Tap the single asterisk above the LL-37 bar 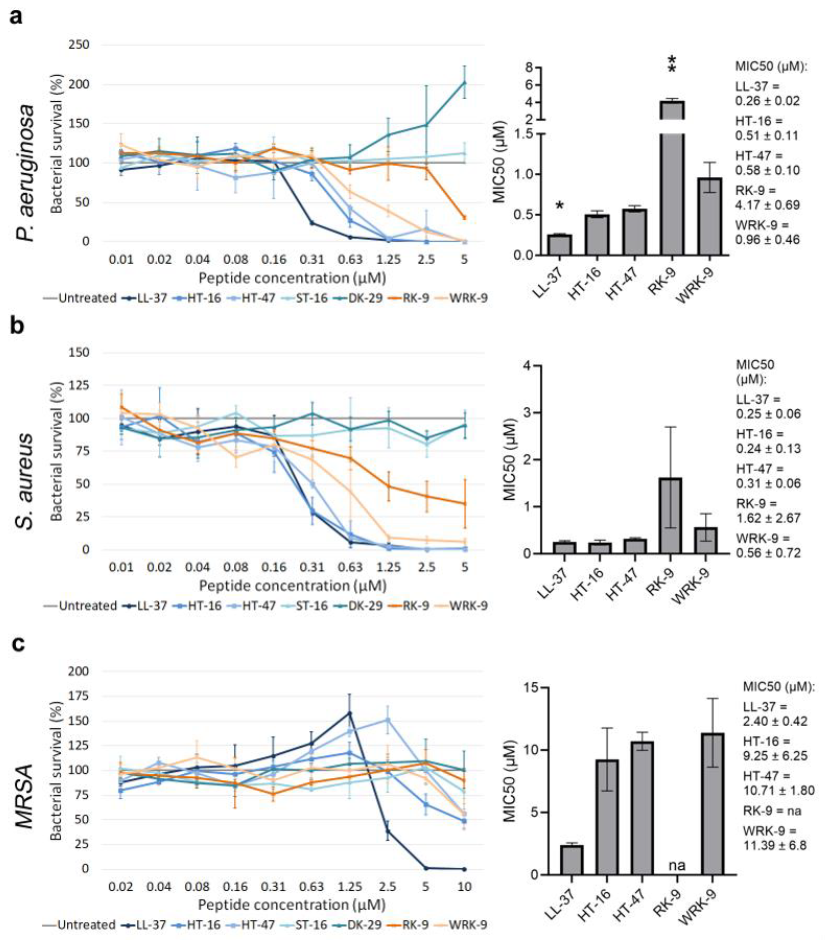tap(559, 206)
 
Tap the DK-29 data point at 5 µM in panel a tap(464, 83)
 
